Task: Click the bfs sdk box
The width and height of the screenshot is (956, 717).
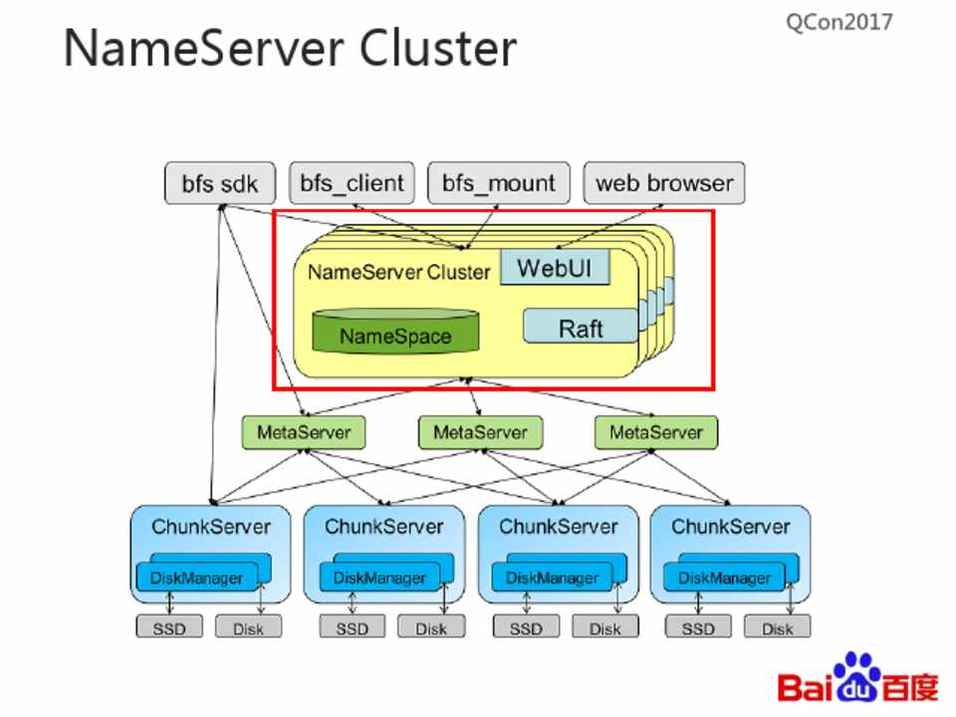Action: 219,184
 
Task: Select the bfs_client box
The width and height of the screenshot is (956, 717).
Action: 353,183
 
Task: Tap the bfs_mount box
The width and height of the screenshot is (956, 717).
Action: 499,183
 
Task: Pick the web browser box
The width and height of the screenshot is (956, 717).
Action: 663,183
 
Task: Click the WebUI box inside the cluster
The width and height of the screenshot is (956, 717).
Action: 554,268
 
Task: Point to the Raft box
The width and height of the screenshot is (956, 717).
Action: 580,327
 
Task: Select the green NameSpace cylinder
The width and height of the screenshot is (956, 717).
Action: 394,335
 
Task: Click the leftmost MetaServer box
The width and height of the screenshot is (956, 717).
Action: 304,432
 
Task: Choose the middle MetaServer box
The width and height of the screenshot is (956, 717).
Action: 479,432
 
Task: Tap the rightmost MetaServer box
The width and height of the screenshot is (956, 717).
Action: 655,432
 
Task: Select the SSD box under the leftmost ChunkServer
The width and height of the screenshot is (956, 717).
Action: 169,627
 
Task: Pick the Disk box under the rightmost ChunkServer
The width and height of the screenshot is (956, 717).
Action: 777,627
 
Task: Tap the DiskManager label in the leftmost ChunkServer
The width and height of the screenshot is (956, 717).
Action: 196,577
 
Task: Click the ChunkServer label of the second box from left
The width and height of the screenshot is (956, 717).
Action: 383,525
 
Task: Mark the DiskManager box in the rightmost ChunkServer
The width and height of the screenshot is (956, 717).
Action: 725,577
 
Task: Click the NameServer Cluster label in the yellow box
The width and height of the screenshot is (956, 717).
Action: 398,271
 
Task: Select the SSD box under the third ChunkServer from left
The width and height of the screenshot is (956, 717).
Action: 526,627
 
